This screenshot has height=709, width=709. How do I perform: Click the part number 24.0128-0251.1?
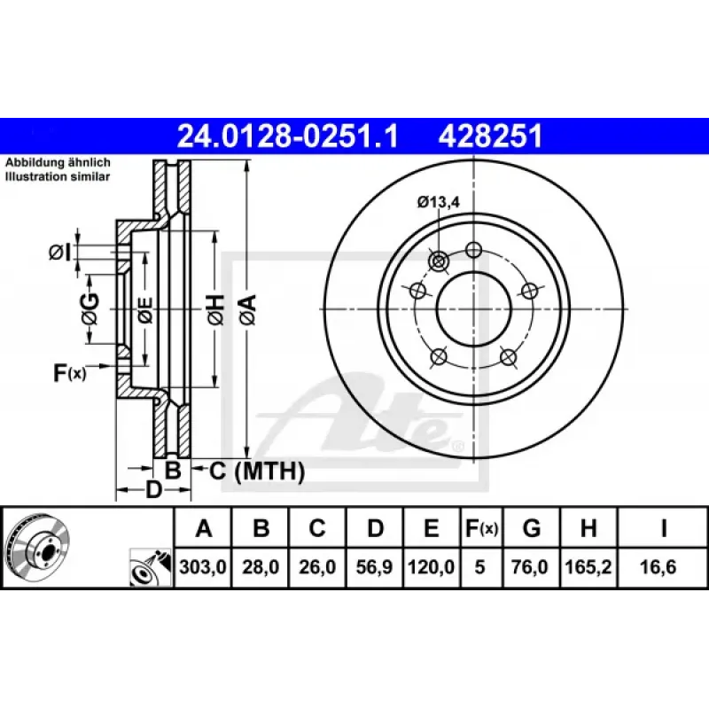click(x=287, y=136)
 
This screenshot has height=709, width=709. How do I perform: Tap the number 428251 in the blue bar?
click(x=490, y=136)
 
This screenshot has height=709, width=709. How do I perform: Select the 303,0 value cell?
click(x=203, y=566)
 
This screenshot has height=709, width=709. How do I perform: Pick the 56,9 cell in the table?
click(x=374, y=566)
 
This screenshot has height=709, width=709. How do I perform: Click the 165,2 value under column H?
click(x=588, y=566)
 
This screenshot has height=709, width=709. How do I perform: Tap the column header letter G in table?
click(x=532, y=527)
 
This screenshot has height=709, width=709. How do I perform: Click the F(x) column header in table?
click(x=481, y=527)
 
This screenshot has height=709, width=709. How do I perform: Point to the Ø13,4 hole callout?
click(x=438, y=202)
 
